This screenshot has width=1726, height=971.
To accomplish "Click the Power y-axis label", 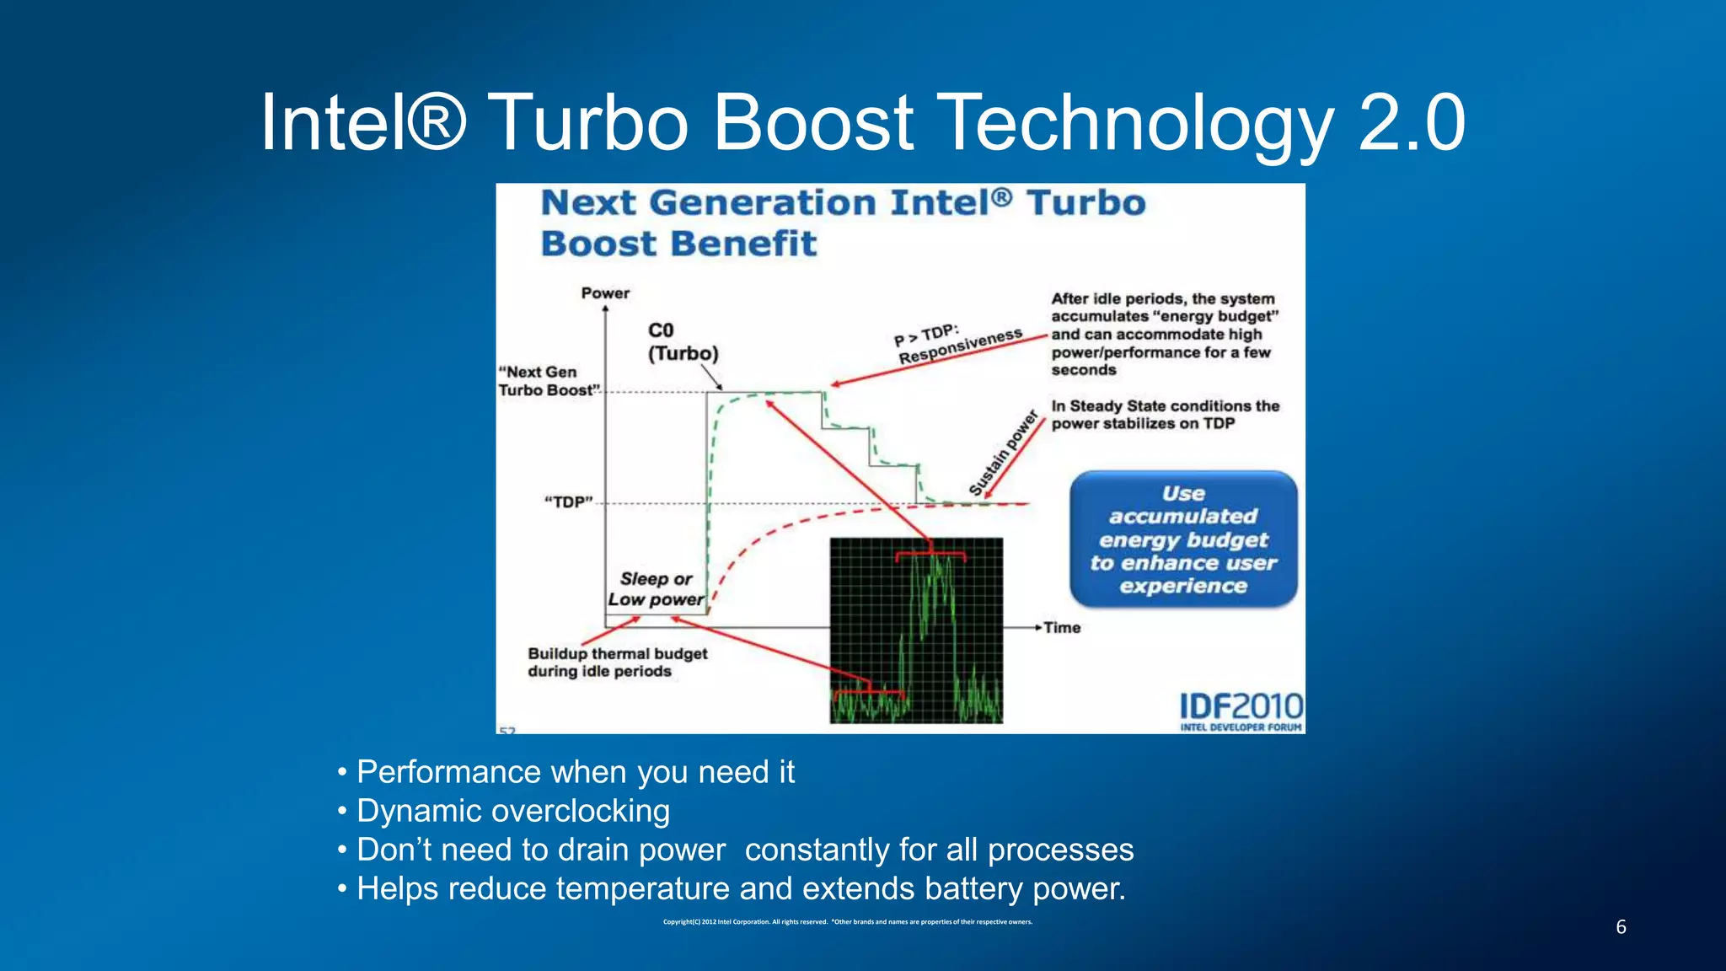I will (x=605, y=293).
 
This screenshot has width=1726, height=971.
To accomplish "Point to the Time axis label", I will (x=1062, y=628).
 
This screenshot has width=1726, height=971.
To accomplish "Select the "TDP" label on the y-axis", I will (x=569, y=502).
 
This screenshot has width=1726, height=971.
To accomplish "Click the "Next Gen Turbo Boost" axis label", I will (x=548, y=381).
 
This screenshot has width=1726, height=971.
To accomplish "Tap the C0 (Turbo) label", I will (x=682, y=341).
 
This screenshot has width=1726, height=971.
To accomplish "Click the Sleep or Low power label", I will (x=656, y=589).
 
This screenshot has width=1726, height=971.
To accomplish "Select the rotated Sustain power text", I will (x=1003, y=453).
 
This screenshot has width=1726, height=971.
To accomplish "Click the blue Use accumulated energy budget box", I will (x=1183, y=539).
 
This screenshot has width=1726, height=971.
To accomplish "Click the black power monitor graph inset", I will (x=916, y=630).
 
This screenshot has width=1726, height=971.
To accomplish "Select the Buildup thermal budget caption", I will (x=617, y=663).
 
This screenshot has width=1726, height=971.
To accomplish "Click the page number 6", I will (x=1621, y=927).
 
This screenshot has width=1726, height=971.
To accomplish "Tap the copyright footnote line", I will (x=847, y=922).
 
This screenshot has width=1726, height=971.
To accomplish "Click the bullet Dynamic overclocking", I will (x=512, y=811).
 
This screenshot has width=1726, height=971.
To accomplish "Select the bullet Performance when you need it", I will (x=575, y=772).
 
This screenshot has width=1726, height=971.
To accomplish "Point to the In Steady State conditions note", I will (x=1165, y=415).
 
